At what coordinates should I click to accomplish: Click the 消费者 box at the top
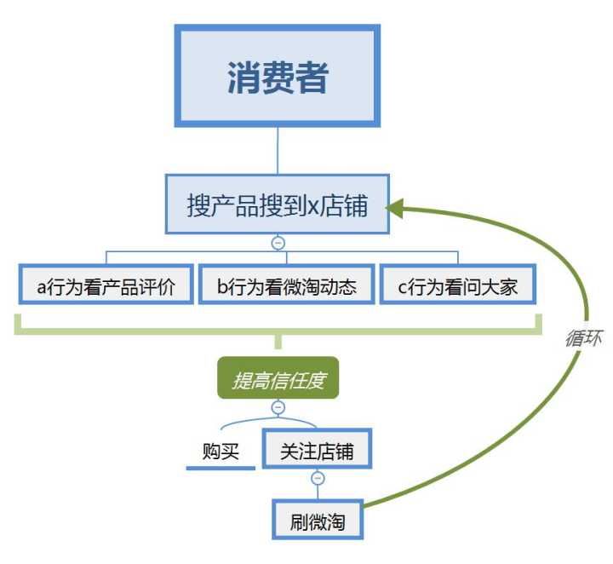[x=277, y=77]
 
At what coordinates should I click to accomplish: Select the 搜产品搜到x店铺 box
[x=277, y=205]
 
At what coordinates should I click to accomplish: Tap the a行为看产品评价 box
[x=106, y=286]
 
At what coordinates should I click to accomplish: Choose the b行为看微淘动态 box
[x=285, y=286]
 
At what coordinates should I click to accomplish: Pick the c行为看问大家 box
[x=457, y=286]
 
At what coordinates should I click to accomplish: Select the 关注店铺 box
[x=317, y=452]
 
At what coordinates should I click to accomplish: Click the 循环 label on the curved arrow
[x=584, y=337]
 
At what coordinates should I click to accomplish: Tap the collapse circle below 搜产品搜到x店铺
[x=278, y=243]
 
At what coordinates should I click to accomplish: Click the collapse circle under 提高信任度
[x=278, y=407]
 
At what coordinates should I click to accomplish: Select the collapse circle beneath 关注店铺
[x=318, y=479]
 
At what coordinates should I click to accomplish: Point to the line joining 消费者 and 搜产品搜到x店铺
[x=278, y=152]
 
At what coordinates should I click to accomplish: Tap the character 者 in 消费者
[x=312, y=78]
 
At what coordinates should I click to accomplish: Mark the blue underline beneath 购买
[x=221, y=468]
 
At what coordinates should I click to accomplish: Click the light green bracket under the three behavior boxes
[x=278, y=329]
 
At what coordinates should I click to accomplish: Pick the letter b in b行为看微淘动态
[x=222, y=287]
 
